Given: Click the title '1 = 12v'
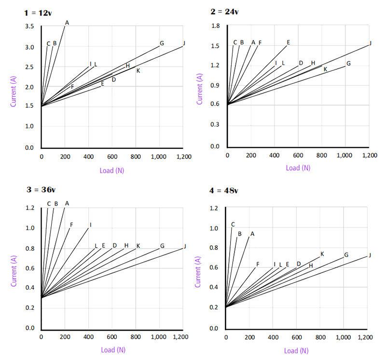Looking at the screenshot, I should (x=38, y=13).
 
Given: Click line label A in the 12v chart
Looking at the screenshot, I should (x=67, y=23).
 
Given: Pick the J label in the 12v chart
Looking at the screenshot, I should (x=184, y=43).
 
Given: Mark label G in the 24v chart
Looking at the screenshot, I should (x=348, y=64).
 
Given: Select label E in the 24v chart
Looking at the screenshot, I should (x=289, y=42).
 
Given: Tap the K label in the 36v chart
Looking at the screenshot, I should (x=138, y=246).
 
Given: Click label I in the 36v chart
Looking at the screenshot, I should (x=90, y=225).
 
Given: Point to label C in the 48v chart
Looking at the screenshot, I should (x=233, y=224).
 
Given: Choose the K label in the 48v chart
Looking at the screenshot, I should (x=322, y=254).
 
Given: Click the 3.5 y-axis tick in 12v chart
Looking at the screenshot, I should (x=29, y=27).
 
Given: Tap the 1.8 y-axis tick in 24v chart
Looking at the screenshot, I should (x=216, y=26).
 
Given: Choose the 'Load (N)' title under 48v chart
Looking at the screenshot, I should (x=296, y=351).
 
